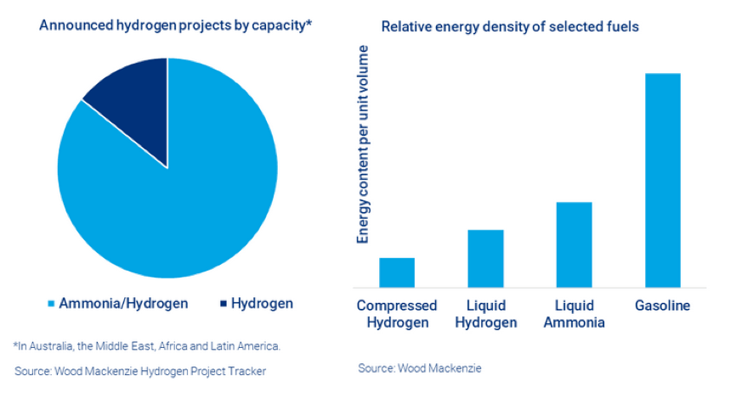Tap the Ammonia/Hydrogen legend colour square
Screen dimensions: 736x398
point(51,304)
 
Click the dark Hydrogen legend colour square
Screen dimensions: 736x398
point(224,304)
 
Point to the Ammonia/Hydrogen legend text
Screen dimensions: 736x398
point(123,304)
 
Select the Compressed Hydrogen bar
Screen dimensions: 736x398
point(397,272)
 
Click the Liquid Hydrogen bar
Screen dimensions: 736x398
point(486,258)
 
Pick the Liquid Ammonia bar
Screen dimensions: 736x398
point(574,244)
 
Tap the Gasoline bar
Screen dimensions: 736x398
point(663,180)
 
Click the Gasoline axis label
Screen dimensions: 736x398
point(663,306)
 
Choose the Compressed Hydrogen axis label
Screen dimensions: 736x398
point(397,314)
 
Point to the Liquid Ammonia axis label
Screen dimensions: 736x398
point(574,314)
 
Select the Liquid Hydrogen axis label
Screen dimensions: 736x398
point(486,314)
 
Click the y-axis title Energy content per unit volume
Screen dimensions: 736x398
point(363,144)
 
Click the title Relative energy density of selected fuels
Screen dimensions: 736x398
point(510,26)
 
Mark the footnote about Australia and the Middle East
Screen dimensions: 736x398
point(146,346)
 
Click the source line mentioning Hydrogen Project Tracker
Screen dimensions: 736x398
point(140,372)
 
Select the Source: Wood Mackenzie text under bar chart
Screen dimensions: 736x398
point(420,368)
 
